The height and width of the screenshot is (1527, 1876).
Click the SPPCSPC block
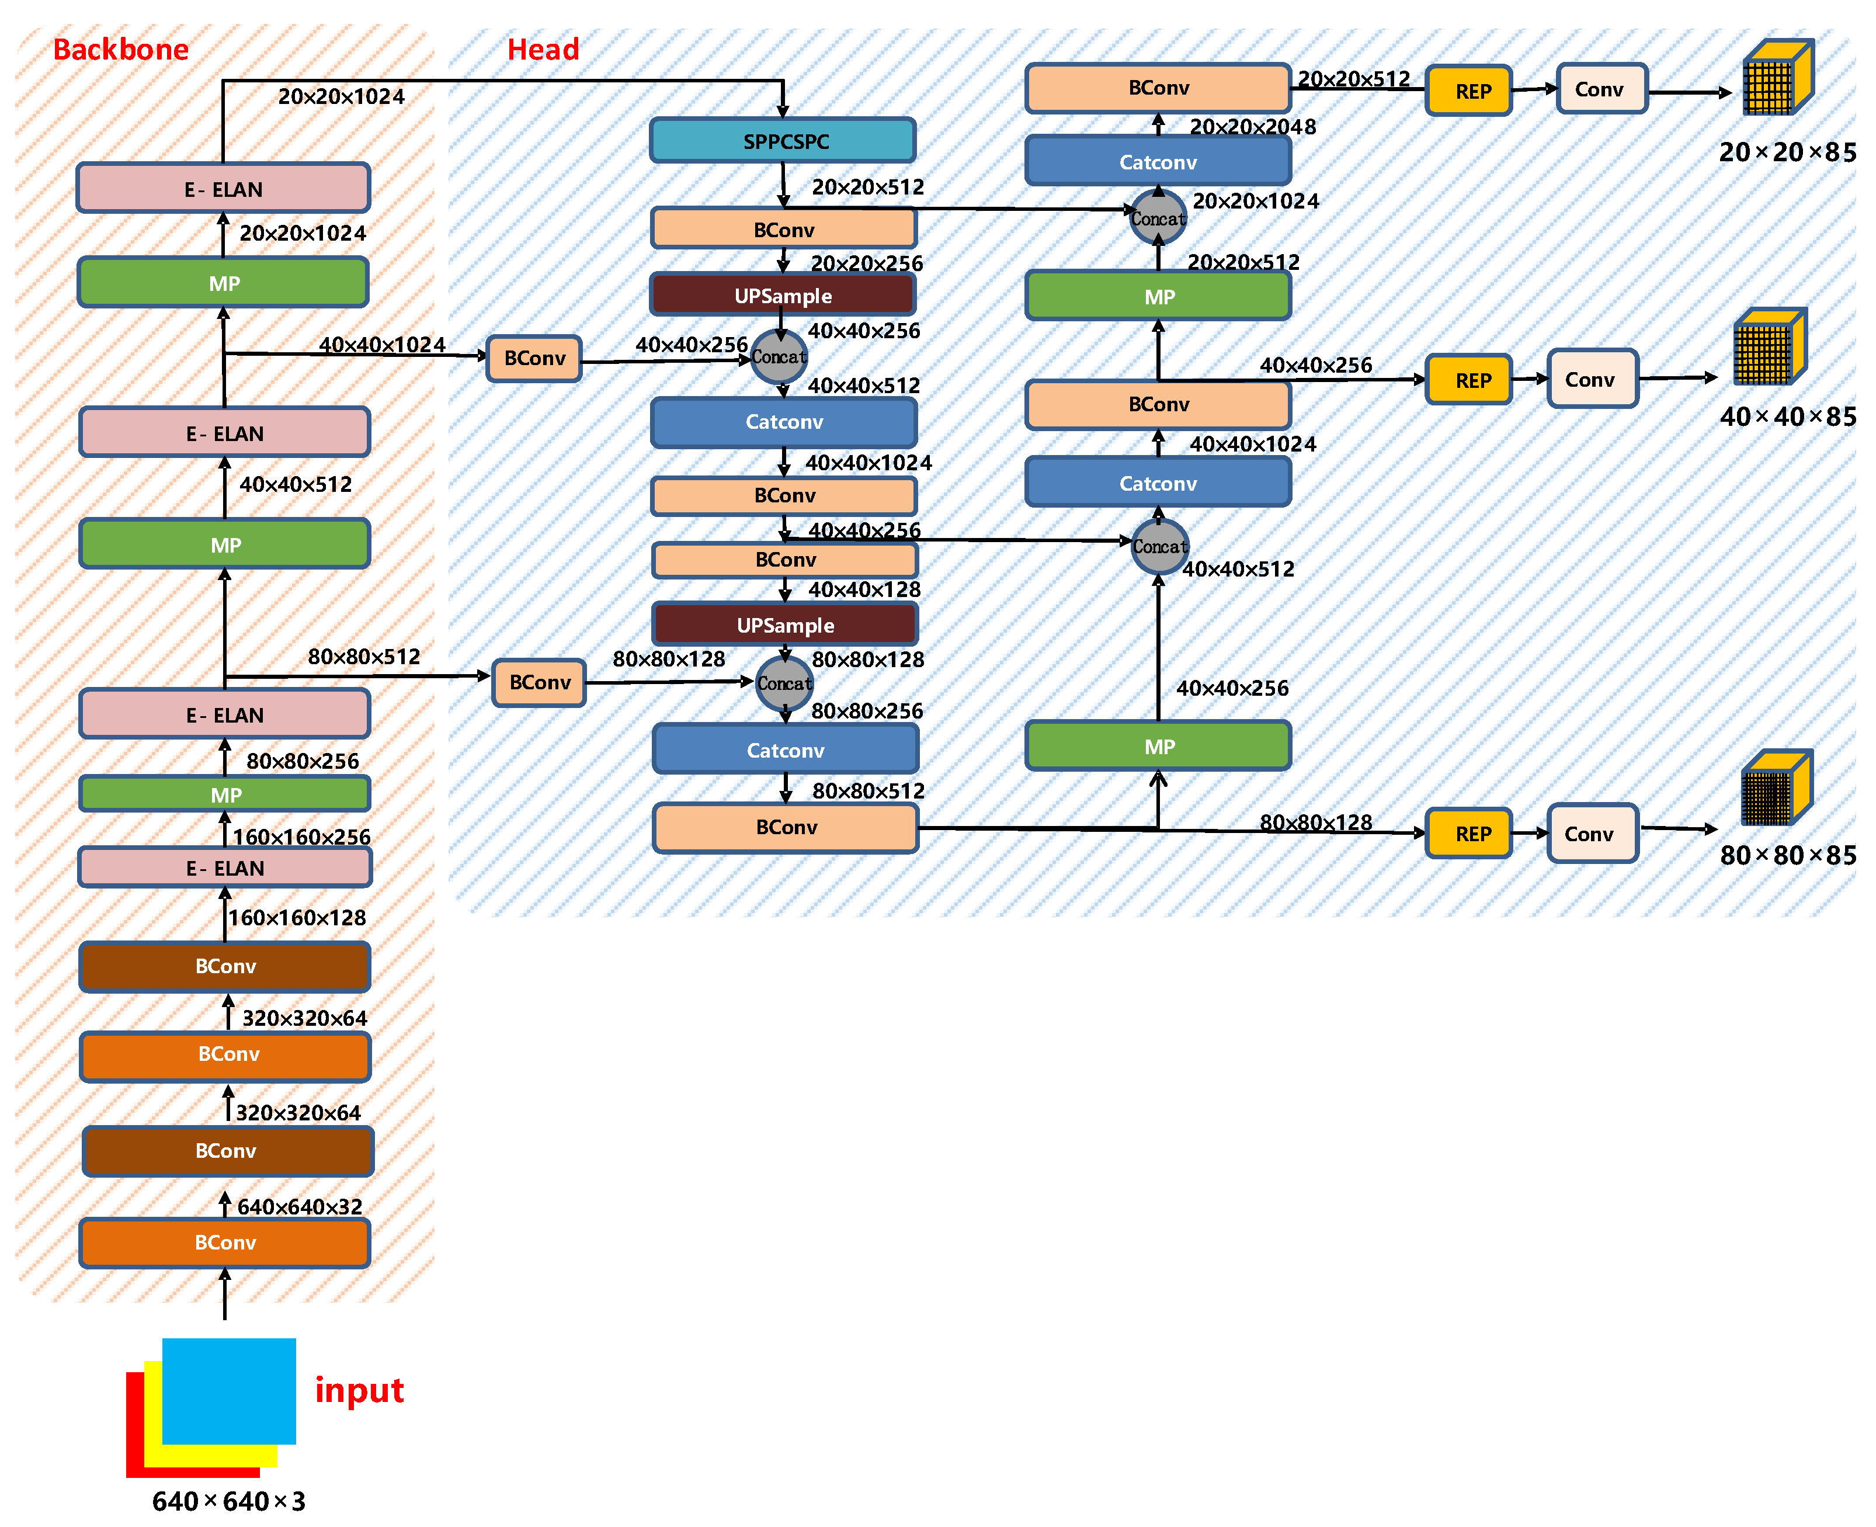(782, 141)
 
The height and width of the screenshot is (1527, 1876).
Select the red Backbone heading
(120, 49)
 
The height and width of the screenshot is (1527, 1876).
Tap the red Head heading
(543, 49)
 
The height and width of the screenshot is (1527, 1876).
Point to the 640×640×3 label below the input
(229, 1501)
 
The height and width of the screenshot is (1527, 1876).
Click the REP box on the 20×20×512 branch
(1468, 91)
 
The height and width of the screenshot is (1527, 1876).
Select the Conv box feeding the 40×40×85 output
(1592, 379)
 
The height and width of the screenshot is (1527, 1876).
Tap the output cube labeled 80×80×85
(1776, 788)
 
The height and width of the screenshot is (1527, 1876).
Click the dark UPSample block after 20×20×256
(782, 296)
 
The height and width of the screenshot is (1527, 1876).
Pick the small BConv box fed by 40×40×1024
(534, 358)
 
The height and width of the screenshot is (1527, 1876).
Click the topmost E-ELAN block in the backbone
(223, 188)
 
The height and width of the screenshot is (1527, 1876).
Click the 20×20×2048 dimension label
(1252, 127)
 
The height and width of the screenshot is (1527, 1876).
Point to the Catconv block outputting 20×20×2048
(1158, 162)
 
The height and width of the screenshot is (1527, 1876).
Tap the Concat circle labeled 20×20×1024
(1158, 218)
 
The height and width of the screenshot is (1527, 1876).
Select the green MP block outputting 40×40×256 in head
(1158, 746)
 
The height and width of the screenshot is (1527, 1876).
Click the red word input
(359, 1390)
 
